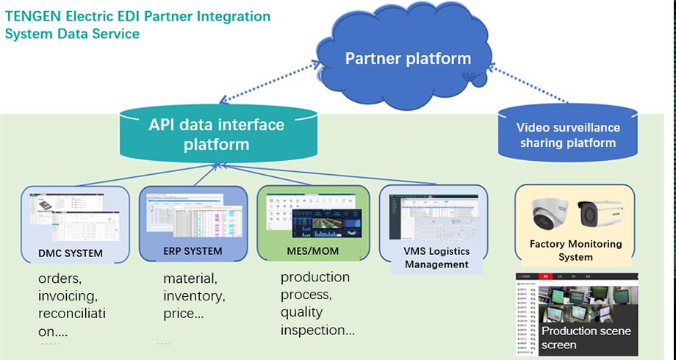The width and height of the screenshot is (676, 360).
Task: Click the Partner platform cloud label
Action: pyautogui.click(x=408, y=59)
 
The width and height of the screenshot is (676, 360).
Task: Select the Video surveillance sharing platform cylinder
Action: pyautogui.click(x=568, y=135)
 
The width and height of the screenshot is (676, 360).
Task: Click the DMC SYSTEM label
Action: pyautogui.click(x=71, y=254)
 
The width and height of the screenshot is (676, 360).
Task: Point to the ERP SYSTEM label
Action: pyautogui.click(x=192, y=251)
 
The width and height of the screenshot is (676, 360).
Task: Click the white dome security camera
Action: pyautogui.click(x=550, y=214)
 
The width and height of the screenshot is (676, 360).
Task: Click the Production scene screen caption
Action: pyautogui.click(x=586, y=337)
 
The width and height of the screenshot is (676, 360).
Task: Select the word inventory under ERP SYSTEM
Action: pyautogui.click(x=193, y=296)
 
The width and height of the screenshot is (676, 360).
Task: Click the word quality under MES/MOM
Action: pyautogui.click(x=301, y=313)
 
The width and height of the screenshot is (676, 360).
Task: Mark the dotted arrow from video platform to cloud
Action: pyautogui.click(x=528, y=82)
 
